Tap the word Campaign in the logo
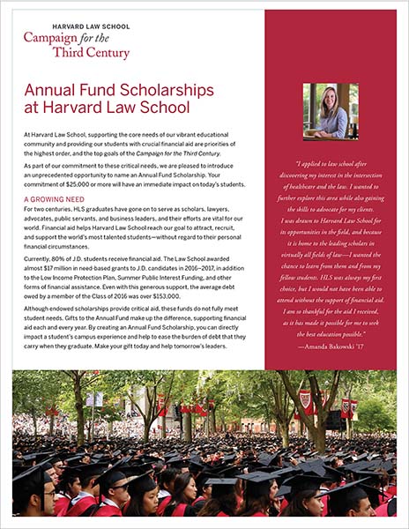pos(53,40)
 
